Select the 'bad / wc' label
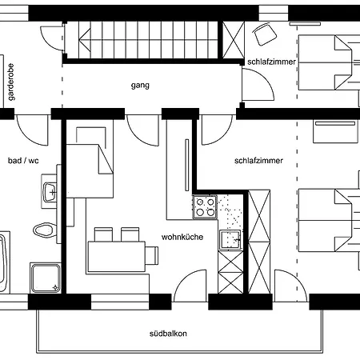tap(23, 161)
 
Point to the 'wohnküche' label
tap(182, 237)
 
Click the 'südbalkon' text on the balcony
tap(168, 333)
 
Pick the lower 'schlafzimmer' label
tap(258, 161)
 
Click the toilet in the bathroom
tap(48, 232)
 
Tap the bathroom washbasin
tap(50, 192)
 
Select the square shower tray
tap(46, 278)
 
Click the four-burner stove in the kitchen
tap(205, 207)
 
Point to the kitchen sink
tap(234, 239)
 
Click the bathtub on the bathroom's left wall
tap(5, 262)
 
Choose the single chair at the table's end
tap(150, 254)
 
